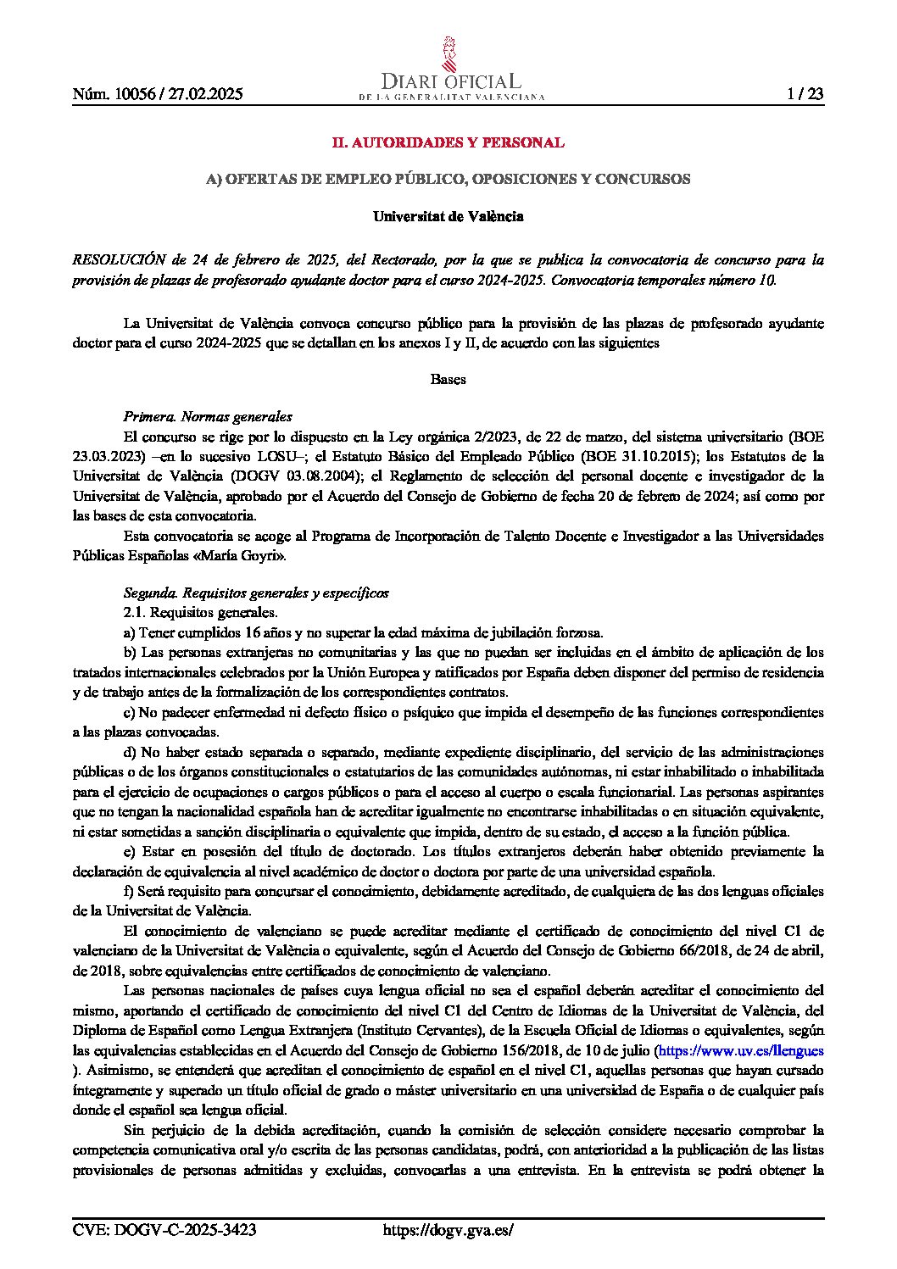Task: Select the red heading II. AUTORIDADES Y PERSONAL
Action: click(x=448, y=142)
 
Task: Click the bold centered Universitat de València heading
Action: click(x=448, y=216)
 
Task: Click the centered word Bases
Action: click(x=448, y=379)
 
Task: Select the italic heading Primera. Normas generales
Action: click(x=208, y=417)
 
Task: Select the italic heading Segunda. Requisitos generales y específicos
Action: click(x=256, y=593)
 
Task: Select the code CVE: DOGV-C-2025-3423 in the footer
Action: click(x=165, y=1231)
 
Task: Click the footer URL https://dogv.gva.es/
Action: click(x=448, y=1231)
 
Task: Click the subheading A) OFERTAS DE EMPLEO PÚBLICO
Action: click(x=448, y=180)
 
